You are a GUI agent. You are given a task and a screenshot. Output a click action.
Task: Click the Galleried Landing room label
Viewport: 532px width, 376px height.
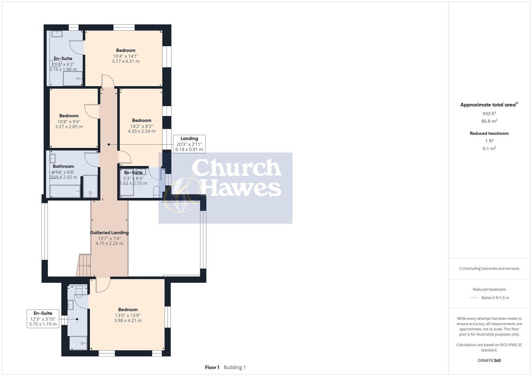[x=109, y=233]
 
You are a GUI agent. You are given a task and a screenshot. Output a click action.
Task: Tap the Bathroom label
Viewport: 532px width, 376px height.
[x=63, y=166]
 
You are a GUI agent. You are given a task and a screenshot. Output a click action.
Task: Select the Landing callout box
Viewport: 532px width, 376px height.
[x=189, y=144]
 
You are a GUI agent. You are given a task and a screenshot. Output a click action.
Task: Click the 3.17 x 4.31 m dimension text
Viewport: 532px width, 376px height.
[x=125, y=61]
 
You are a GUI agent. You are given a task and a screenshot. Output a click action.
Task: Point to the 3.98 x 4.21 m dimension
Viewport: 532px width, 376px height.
[x=128, y=321]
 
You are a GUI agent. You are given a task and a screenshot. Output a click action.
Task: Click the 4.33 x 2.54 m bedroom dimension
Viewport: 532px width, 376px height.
[x=141, y=131]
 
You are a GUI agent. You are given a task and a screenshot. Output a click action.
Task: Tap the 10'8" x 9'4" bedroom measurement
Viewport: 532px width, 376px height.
[x=69, y=122]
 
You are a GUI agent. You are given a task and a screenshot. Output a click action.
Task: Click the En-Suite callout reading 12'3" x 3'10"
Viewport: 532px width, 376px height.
[x=43, y=319]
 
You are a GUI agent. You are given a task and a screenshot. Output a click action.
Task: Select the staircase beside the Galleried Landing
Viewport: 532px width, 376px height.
[x=84, y=266]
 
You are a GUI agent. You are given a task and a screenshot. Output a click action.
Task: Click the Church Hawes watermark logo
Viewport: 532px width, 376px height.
[x=225, y=188]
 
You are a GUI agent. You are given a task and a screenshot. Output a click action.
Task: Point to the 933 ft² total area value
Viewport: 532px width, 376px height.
[x=489, y=113]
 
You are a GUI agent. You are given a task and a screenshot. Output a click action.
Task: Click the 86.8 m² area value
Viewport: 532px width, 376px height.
[x=489, y=121]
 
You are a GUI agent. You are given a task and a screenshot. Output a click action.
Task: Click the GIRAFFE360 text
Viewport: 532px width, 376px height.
[x=489, y=360]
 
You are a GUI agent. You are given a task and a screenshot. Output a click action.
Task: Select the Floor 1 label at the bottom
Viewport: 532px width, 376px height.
[x=212, y=367]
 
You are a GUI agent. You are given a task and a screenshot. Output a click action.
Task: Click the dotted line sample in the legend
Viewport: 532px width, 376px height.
[x=474, y=298]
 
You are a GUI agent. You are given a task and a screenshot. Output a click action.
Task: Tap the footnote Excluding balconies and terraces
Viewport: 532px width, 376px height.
[x=489, y=268]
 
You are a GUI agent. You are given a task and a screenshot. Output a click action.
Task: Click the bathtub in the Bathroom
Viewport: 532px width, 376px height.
[x=65, y=191]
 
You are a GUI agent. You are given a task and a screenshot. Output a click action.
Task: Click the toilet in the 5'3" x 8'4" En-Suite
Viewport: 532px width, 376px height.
[x=156, y=192]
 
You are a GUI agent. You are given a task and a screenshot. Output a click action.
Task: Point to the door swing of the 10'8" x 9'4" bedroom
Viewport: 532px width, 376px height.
[x=91, y=111]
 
